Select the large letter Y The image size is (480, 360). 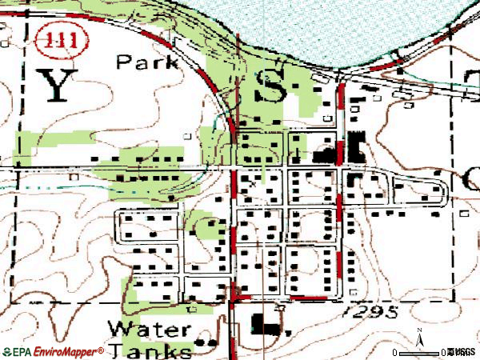tap(56, 84)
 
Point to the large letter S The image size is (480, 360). tap(270, 83)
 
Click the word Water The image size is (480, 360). tap(149, 329)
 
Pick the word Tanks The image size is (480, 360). tap(150, 350)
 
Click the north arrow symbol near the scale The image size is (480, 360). tap(418, 336)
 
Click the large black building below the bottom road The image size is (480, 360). tap(264, 325)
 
